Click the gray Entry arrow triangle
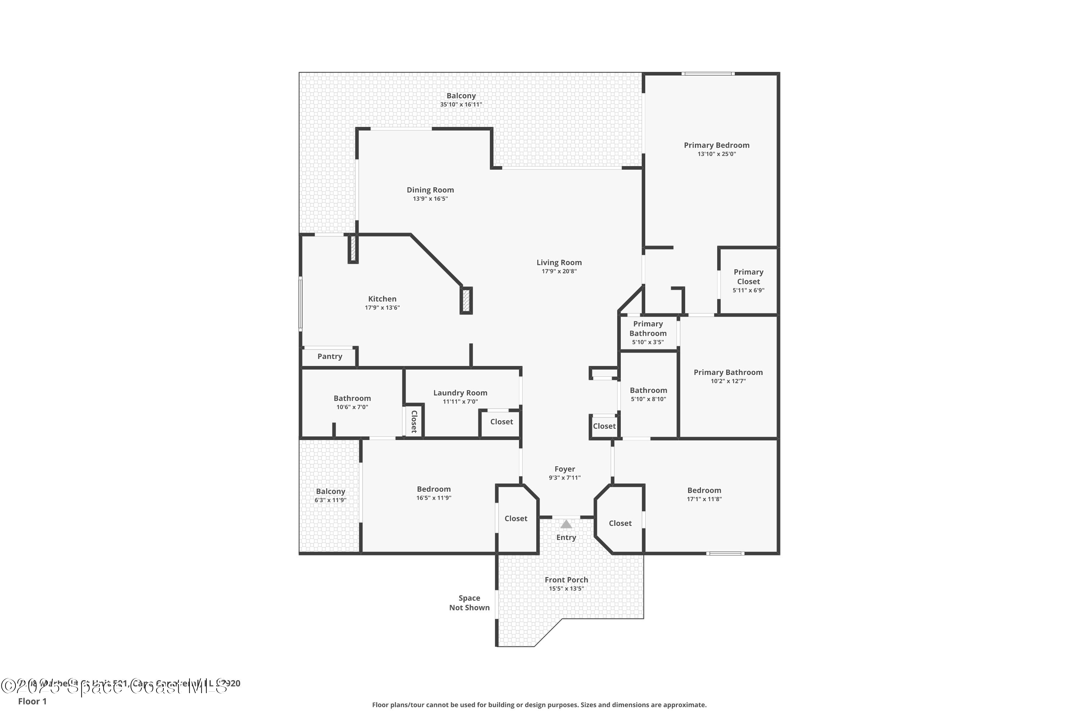[566, 524]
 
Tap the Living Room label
[559, 262]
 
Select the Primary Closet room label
[748, 276]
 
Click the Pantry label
[329, 356]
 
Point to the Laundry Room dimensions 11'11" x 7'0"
[460, 402]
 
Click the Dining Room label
[430, 190]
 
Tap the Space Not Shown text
[469, 603]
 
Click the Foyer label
[564, 469]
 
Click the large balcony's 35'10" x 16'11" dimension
[461, 105]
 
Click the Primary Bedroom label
[716, 145]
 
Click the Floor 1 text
[32, 701]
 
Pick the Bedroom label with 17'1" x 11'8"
[704, 490]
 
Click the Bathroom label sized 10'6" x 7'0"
[352, 398]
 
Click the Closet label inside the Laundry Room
[501, 421]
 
